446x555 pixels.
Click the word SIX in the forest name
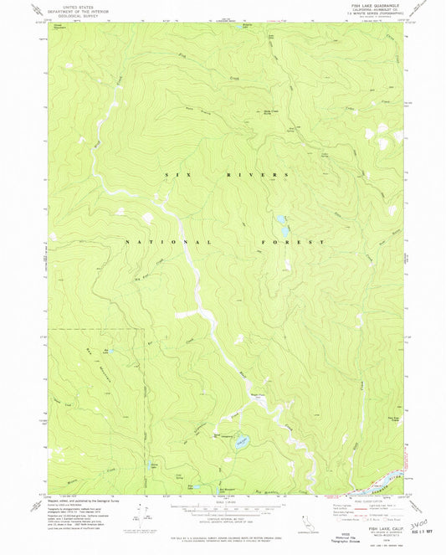tap(172, 175)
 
